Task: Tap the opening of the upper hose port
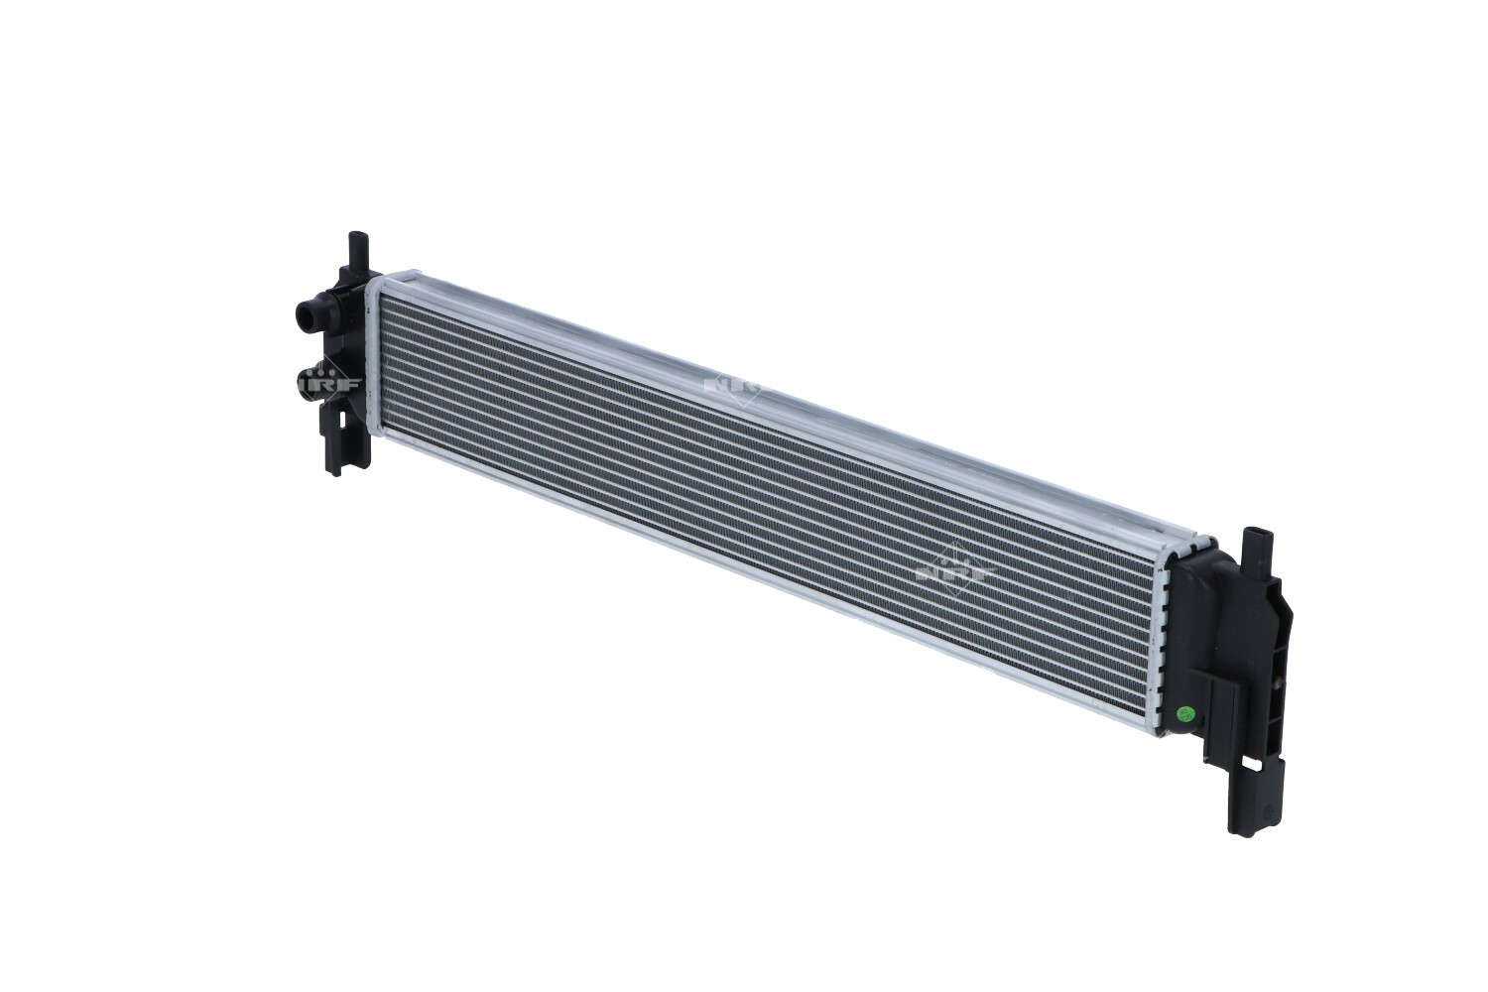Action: [x=303, y=317]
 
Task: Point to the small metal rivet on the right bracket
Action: [x=1274, y=684]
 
